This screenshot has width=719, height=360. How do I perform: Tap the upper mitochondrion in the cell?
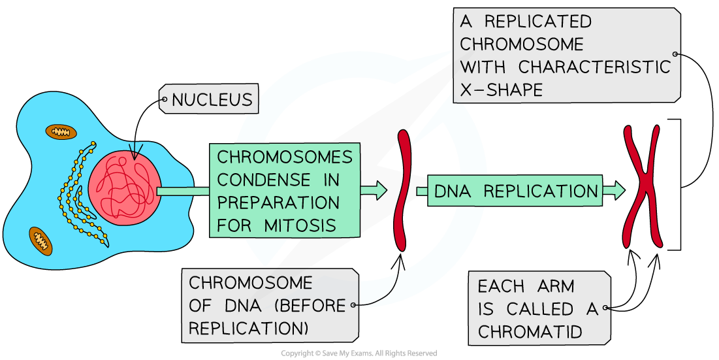61,132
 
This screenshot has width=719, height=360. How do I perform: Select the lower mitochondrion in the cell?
40,240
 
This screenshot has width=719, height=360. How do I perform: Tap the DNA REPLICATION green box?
515,191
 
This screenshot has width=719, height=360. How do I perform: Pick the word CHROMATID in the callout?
530,331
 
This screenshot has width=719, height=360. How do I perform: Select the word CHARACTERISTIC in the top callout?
594,67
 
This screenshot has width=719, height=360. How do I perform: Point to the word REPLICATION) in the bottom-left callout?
249,328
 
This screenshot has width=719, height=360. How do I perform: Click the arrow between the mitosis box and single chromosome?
374,190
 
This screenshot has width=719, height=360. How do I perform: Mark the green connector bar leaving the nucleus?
184,191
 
